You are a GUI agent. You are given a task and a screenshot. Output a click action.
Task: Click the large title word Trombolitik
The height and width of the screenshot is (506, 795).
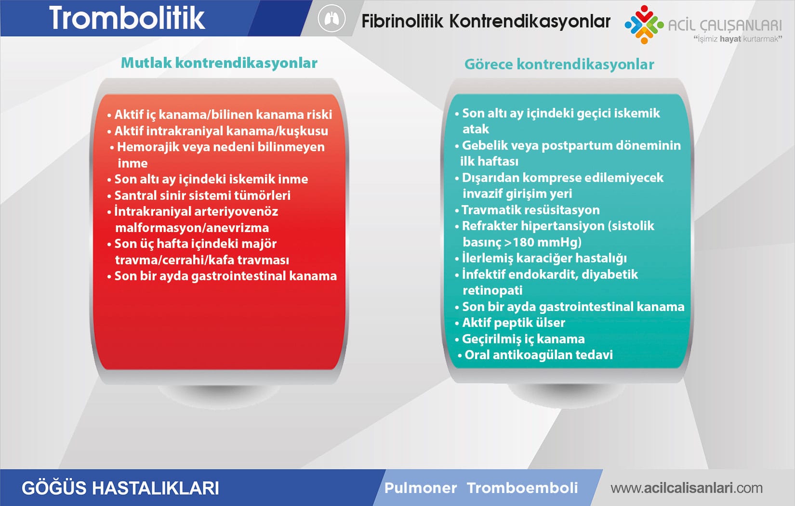pos(127,18)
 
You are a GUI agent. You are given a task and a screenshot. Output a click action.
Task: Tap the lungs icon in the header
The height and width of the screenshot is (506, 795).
pos(331,18)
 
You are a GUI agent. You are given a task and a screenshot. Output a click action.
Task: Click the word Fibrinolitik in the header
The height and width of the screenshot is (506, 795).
pos(402,21)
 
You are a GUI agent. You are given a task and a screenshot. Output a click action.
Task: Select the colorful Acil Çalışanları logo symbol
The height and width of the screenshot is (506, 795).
pos(644,25)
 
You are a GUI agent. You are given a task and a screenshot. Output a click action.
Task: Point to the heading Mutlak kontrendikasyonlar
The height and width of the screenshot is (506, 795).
pos(219,63)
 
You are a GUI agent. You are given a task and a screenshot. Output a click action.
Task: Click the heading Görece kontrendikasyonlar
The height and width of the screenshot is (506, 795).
pos(559,64)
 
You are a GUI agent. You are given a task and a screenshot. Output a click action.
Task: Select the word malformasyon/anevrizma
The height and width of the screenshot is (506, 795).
pos(192,228)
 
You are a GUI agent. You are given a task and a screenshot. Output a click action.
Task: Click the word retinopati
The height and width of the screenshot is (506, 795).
pos(492,290)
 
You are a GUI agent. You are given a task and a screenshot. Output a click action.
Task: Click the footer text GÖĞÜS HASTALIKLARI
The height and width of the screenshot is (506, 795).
pos(120,488)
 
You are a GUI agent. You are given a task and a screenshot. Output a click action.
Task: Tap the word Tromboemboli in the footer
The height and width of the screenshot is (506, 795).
pos(522,488)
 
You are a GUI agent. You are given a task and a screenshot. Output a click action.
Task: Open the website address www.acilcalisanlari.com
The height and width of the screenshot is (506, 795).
pos(687,488)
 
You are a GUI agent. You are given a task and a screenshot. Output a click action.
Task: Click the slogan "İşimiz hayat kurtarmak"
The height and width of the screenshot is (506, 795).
pos(738,39)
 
